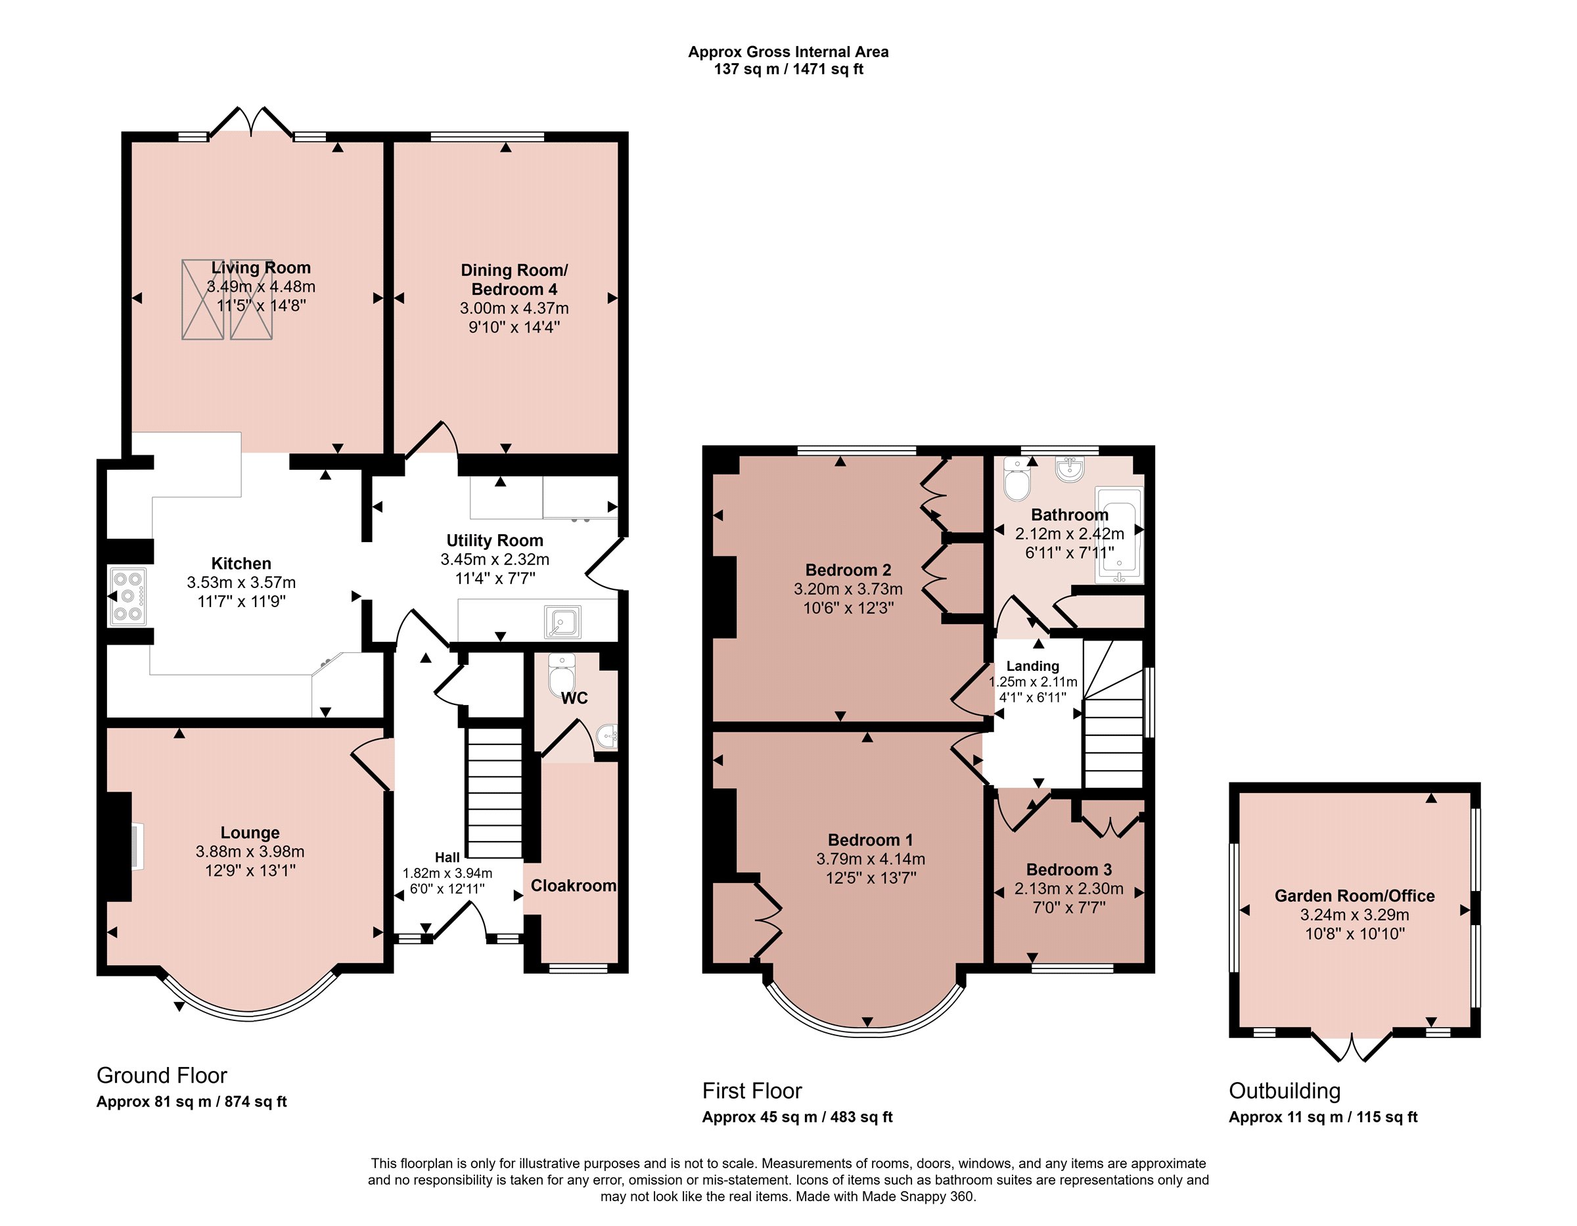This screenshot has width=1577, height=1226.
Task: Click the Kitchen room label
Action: [x=241, y=563]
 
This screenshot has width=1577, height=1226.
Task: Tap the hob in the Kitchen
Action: [x=129, y=597]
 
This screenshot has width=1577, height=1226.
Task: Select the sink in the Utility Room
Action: [x=562, y=621]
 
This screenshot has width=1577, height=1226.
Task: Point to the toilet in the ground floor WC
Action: [x=561, y=673]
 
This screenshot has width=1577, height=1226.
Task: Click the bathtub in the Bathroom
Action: [x=1118, y=535]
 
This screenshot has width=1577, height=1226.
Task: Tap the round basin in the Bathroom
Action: [x=1069, y=468]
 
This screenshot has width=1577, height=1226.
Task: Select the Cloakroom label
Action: [x=574, y=885]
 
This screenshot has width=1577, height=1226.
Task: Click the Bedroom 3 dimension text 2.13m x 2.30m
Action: [x=1068, y=888]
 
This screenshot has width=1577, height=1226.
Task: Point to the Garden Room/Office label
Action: [x=1355, y=896]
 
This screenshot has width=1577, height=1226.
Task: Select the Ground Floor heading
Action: [x=162, y=1075]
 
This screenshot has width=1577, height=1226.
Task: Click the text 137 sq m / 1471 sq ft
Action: [x=788, y=69]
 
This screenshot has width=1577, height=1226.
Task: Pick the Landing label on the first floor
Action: [x=1032, y=666]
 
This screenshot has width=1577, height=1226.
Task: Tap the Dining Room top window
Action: [x=488, y=136]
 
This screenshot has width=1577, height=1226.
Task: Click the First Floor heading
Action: [x=752, y=1090]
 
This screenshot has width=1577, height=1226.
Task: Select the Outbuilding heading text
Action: [x=1285, y=1090]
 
